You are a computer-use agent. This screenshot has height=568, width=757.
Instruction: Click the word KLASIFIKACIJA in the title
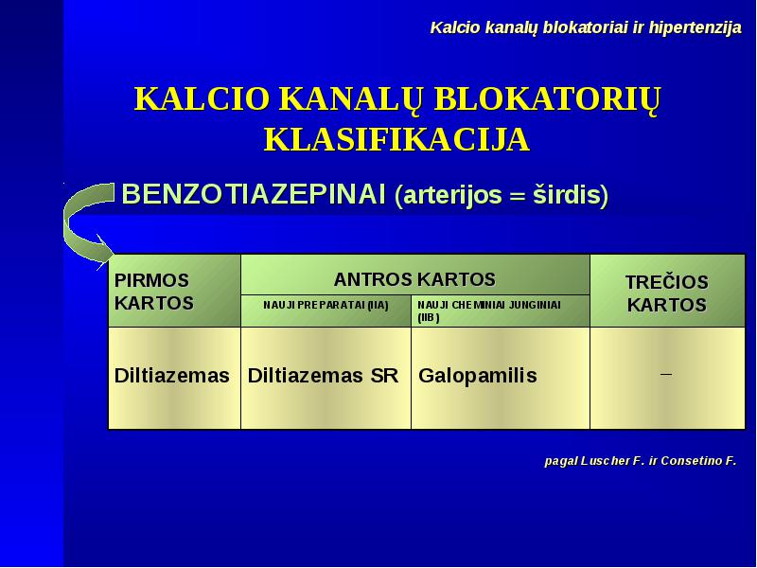click(x=396, y=140)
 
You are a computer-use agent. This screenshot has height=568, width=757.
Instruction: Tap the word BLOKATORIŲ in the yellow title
click(x=547, y=100)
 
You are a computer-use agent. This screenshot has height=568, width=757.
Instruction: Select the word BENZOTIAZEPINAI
click(x=254, y=194)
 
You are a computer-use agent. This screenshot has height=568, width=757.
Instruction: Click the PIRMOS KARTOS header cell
click(x=175, y=292)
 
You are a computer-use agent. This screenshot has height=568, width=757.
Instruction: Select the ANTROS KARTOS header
click(x=414, y=279)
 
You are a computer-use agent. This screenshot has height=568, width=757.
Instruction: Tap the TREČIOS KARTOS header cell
click(x=667, y=292)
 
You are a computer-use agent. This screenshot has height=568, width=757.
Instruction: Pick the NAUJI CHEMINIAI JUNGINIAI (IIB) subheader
click(x=501, y=311)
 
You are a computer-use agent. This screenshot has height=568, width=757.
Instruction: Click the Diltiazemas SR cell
click(x=326, y=378)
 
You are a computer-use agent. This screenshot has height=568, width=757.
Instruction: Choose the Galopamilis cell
click(x=501, y=378)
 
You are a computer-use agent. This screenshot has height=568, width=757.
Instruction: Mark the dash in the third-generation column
click(x=666, y=374)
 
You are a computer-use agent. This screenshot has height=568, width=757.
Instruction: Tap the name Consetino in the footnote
click(x=690, y=461)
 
